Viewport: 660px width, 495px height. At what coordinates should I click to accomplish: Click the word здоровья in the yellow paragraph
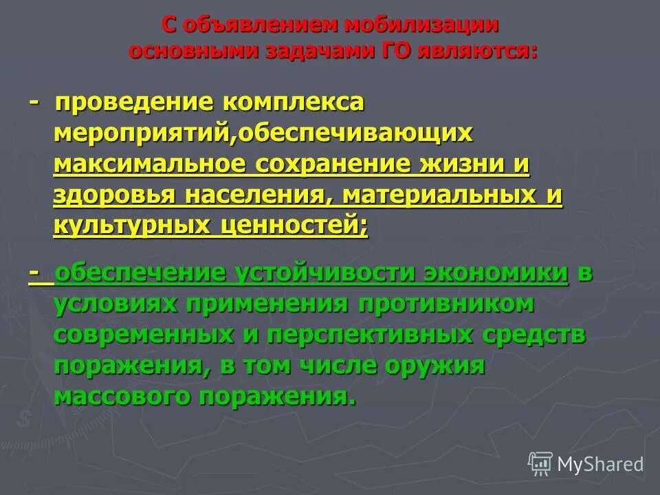click(x=115, y=196)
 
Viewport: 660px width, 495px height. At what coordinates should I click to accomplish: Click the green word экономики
click(x=496, y=273)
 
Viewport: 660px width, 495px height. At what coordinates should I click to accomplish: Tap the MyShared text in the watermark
click(x=600, y=465)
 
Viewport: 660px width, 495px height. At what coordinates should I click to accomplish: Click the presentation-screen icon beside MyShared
click(x=540, y=463)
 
